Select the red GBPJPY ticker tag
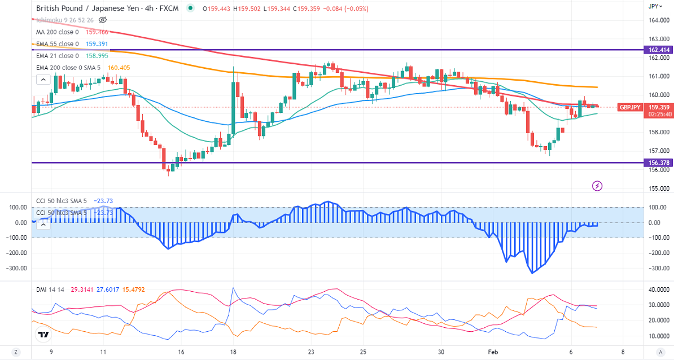[629, 107]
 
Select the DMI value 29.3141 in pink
[81, 289]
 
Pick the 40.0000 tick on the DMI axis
[657, 290]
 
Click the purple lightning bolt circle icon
[597, 185]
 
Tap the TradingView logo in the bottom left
[43, 335]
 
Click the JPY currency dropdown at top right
[654, 6]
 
